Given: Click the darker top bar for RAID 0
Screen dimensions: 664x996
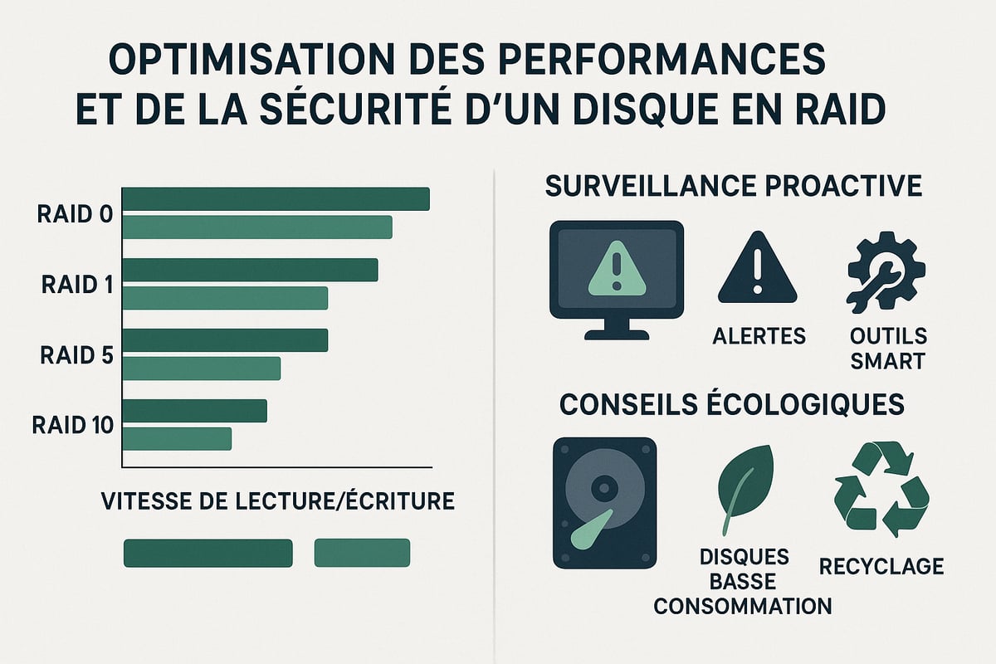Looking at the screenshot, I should [276, 199].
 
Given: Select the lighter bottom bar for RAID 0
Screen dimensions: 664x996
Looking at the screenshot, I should [257, 227].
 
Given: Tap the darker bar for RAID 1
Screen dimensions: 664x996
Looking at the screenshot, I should [250, 270].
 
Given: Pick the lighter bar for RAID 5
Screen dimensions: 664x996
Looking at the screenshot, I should [202, 369].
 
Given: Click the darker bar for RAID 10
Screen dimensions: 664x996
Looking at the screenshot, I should [195, 411].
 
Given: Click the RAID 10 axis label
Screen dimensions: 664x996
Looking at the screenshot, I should [73, 426].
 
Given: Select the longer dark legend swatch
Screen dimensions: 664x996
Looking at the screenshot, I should [207, 553].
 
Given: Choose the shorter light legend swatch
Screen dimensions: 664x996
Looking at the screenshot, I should [362, 553].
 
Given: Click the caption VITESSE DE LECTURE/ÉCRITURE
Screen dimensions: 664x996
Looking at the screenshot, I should [277, 501].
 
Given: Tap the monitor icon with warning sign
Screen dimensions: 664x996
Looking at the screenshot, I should [616, 279].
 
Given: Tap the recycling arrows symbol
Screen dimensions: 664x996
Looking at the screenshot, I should [881, 490].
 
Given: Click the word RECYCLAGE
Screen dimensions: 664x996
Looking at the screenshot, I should [881, 566].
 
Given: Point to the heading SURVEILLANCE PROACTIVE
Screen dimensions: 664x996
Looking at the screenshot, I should [733, 186].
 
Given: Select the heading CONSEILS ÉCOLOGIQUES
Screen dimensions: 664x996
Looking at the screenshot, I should [732, 404].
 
